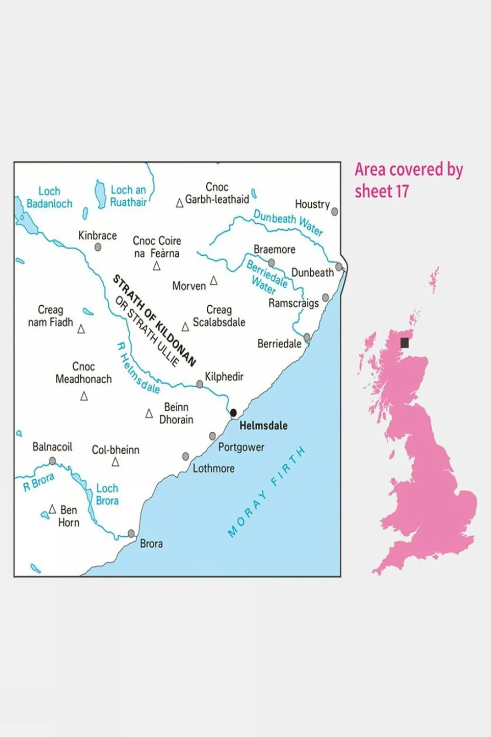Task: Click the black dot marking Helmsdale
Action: click(x=233, y=412)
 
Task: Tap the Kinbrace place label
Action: click(x=97, y=236)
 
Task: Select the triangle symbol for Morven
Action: click(x=214, y=281)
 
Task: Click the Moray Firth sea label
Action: click(x=266, y=492)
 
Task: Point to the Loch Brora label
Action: click(x=107, y=494)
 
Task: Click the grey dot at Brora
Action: click(x=131, y=533)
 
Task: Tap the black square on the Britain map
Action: click(x=404, y=343)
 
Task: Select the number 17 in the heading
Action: click(x=402, y=192)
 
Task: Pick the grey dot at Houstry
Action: click(x=334, y=212)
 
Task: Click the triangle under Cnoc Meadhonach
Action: click(x=84, y=396)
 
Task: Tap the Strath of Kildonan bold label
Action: click(x=154, y=320)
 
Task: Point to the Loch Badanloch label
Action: click(x=49, y=197)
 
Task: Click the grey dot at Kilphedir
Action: click(x=200, y=384)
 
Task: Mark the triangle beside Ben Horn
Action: click(x=52, y=509)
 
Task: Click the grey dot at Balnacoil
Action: click(x=52, y=461)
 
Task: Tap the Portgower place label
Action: click(x=241, y=447)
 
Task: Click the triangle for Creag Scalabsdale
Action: click(x=185, y=327)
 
